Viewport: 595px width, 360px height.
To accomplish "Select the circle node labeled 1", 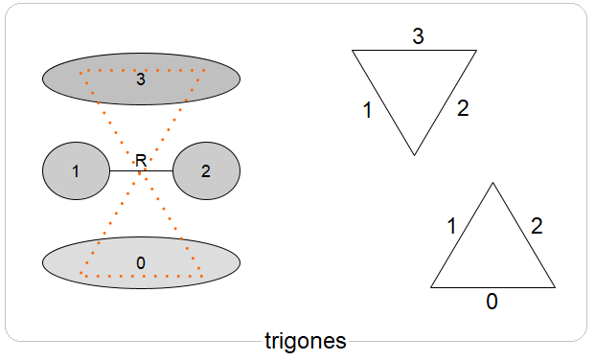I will pos(76,171).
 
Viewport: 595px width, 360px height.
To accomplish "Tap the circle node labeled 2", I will pos(206,171).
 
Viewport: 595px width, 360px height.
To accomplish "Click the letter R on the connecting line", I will pos(141,161).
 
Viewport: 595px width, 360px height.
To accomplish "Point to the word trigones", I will pos(306,341).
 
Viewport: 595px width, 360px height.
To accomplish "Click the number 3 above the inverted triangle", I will pos(418,37).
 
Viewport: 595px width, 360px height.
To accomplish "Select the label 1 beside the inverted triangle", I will pos(368,110).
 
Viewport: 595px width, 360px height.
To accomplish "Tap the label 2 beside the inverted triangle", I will pos(463,108).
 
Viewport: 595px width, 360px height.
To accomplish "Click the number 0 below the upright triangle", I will pos(492,302).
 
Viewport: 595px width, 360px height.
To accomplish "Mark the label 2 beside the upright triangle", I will pos(537,227).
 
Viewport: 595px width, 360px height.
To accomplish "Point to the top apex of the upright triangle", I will pos(492,182).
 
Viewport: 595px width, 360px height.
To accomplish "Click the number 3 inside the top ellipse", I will pos(141,79).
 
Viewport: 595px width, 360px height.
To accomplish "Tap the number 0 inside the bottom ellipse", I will pos(141,262).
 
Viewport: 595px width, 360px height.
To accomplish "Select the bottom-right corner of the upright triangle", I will pos(555,286).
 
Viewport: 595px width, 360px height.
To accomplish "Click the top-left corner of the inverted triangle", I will pos(353,50).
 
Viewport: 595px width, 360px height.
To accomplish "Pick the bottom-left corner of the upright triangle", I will pos(431,286).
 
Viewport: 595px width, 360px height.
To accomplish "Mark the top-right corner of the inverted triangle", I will pos(476,50).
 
